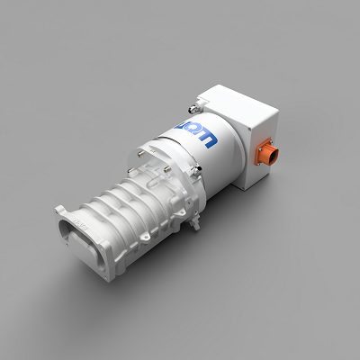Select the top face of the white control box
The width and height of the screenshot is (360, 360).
pos(236,101)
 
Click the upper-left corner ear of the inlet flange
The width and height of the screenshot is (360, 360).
pos(61,210)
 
